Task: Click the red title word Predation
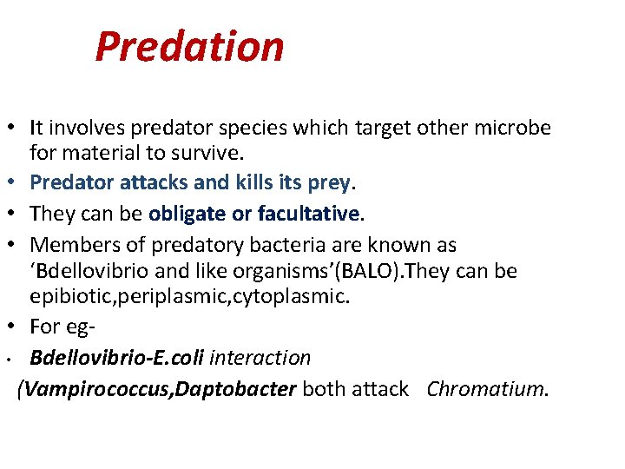point(189,46)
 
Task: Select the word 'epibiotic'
point(70,297)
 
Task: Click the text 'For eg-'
point(61,327)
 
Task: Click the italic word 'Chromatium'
point(486,388)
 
